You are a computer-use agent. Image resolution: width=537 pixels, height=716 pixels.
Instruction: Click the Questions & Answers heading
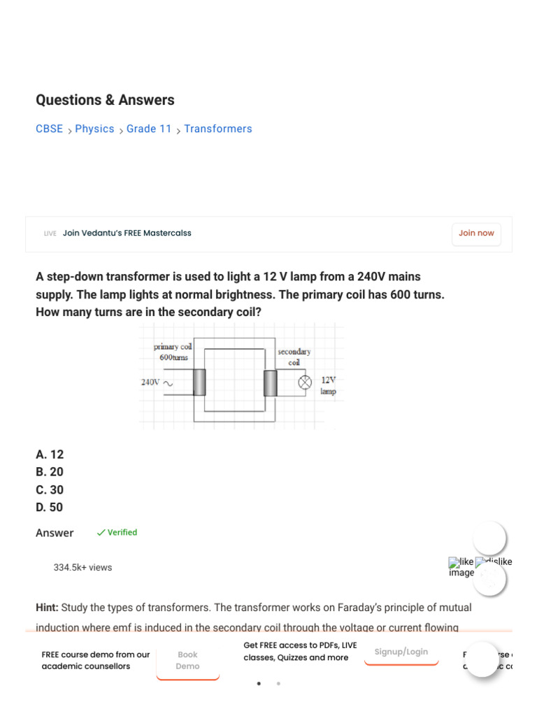(105, 100)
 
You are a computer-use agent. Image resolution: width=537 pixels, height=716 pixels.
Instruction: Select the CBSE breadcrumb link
(49, 129)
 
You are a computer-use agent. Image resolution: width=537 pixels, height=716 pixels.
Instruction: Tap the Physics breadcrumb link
(94, 129)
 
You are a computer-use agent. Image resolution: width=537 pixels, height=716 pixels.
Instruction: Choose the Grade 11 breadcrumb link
(149, 129)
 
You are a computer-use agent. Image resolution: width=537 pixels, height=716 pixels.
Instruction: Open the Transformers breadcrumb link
(218, 129)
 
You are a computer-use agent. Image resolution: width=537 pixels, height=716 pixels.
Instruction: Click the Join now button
(476, 234)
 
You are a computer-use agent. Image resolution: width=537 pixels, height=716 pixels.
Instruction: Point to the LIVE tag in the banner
(50, 234)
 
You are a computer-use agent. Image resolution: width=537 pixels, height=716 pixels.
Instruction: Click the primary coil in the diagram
(199, 382)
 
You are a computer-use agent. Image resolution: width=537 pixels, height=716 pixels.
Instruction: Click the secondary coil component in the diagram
(271, 382)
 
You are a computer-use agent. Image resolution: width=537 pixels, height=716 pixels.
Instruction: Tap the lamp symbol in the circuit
(306, 382)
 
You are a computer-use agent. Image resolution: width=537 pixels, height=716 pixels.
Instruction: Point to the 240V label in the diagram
(150, 382)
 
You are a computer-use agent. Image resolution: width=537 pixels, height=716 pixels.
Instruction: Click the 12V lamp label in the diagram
(328, 385)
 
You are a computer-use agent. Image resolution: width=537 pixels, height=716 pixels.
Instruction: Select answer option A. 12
(50, 454)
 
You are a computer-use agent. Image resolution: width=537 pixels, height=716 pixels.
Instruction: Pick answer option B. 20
(50, 472)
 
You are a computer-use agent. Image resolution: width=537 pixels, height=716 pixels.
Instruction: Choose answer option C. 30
(50, 489)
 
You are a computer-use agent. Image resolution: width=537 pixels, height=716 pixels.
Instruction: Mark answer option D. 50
(50, 507)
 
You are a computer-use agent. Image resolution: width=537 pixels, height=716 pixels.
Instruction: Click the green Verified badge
(117, 532)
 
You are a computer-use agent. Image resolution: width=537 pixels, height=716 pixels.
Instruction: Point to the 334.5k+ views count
(83, 568)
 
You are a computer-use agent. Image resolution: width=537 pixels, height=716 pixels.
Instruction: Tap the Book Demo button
(187, 661)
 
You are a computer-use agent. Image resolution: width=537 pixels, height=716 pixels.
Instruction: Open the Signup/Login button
(401, 652)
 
